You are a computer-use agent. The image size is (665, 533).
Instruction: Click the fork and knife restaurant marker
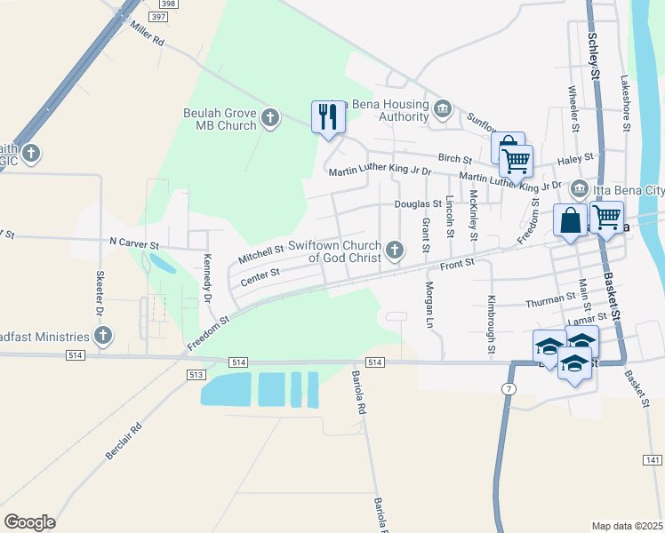tap(327, 116)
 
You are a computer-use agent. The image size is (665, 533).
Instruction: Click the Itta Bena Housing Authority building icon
tap(443, 107)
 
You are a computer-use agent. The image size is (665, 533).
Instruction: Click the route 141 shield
tap(653, 459)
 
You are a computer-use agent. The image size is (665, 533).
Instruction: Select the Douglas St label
tap(419, 203)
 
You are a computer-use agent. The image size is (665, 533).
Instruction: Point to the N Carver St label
tap(133, 243)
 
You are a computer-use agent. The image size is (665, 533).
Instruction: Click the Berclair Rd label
tap(124, 440)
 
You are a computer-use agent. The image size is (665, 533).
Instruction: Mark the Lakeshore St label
tap(626, 102)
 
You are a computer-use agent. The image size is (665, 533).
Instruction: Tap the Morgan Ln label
tap(428, 306)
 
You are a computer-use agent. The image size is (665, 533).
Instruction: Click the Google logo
tap(29, 522)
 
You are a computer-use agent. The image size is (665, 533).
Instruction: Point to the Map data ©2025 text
tap(627, 526)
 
